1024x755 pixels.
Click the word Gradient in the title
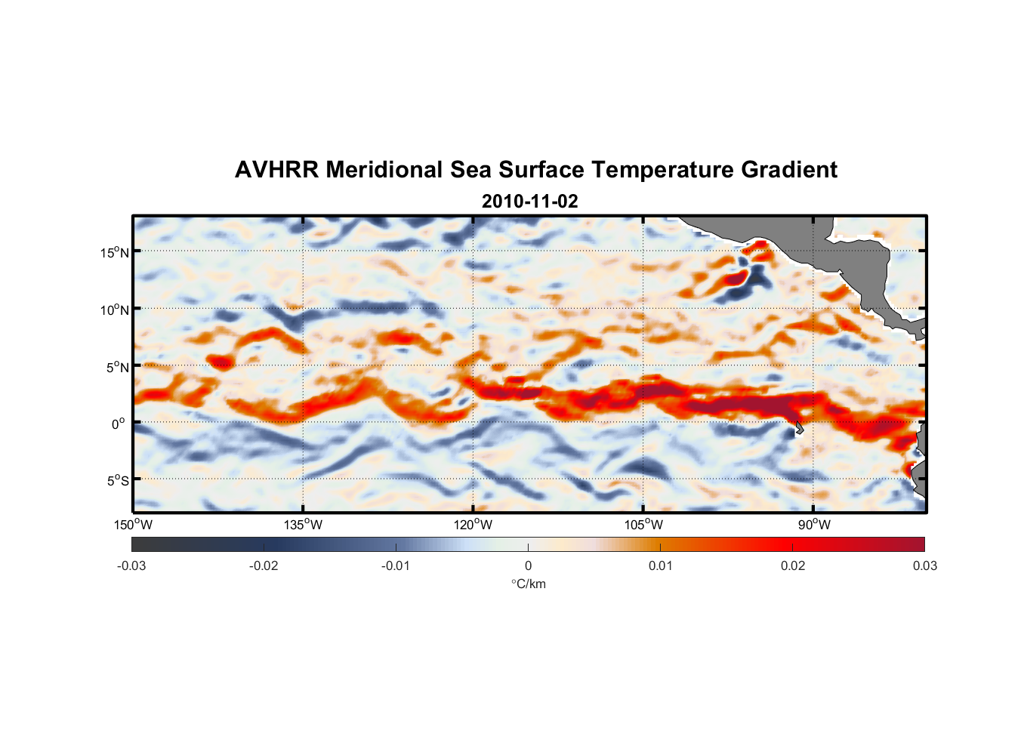tap(789, 170)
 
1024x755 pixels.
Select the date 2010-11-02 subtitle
tap(530, 202)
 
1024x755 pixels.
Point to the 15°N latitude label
tap(115, 252)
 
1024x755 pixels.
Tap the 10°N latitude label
tap(115, 310)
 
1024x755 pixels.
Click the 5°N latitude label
tap(117, 367)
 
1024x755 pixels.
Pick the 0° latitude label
tap(118, 424)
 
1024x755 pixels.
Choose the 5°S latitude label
tap(117, 481)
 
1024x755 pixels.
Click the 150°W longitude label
tap(134, 525)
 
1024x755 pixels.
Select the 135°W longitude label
tap(304, 525)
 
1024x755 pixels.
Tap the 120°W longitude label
tap(473, 525)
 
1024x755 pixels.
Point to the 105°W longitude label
tap(643, 525)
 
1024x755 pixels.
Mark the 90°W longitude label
tap(814, 525)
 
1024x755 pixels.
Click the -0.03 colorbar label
tap(131, 565)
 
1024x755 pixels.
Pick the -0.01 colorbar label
tap(396, 565)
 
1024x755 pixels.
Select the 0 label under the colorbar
tap(528, 565)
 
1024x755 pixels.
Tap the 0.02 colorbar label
tap(793, 565)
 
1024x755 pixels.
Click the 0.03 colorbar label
tap(924, 565)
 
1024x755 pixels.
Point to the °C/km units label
tap(528, 584)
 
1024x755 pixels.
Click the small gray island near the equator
tap(798, 428)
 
